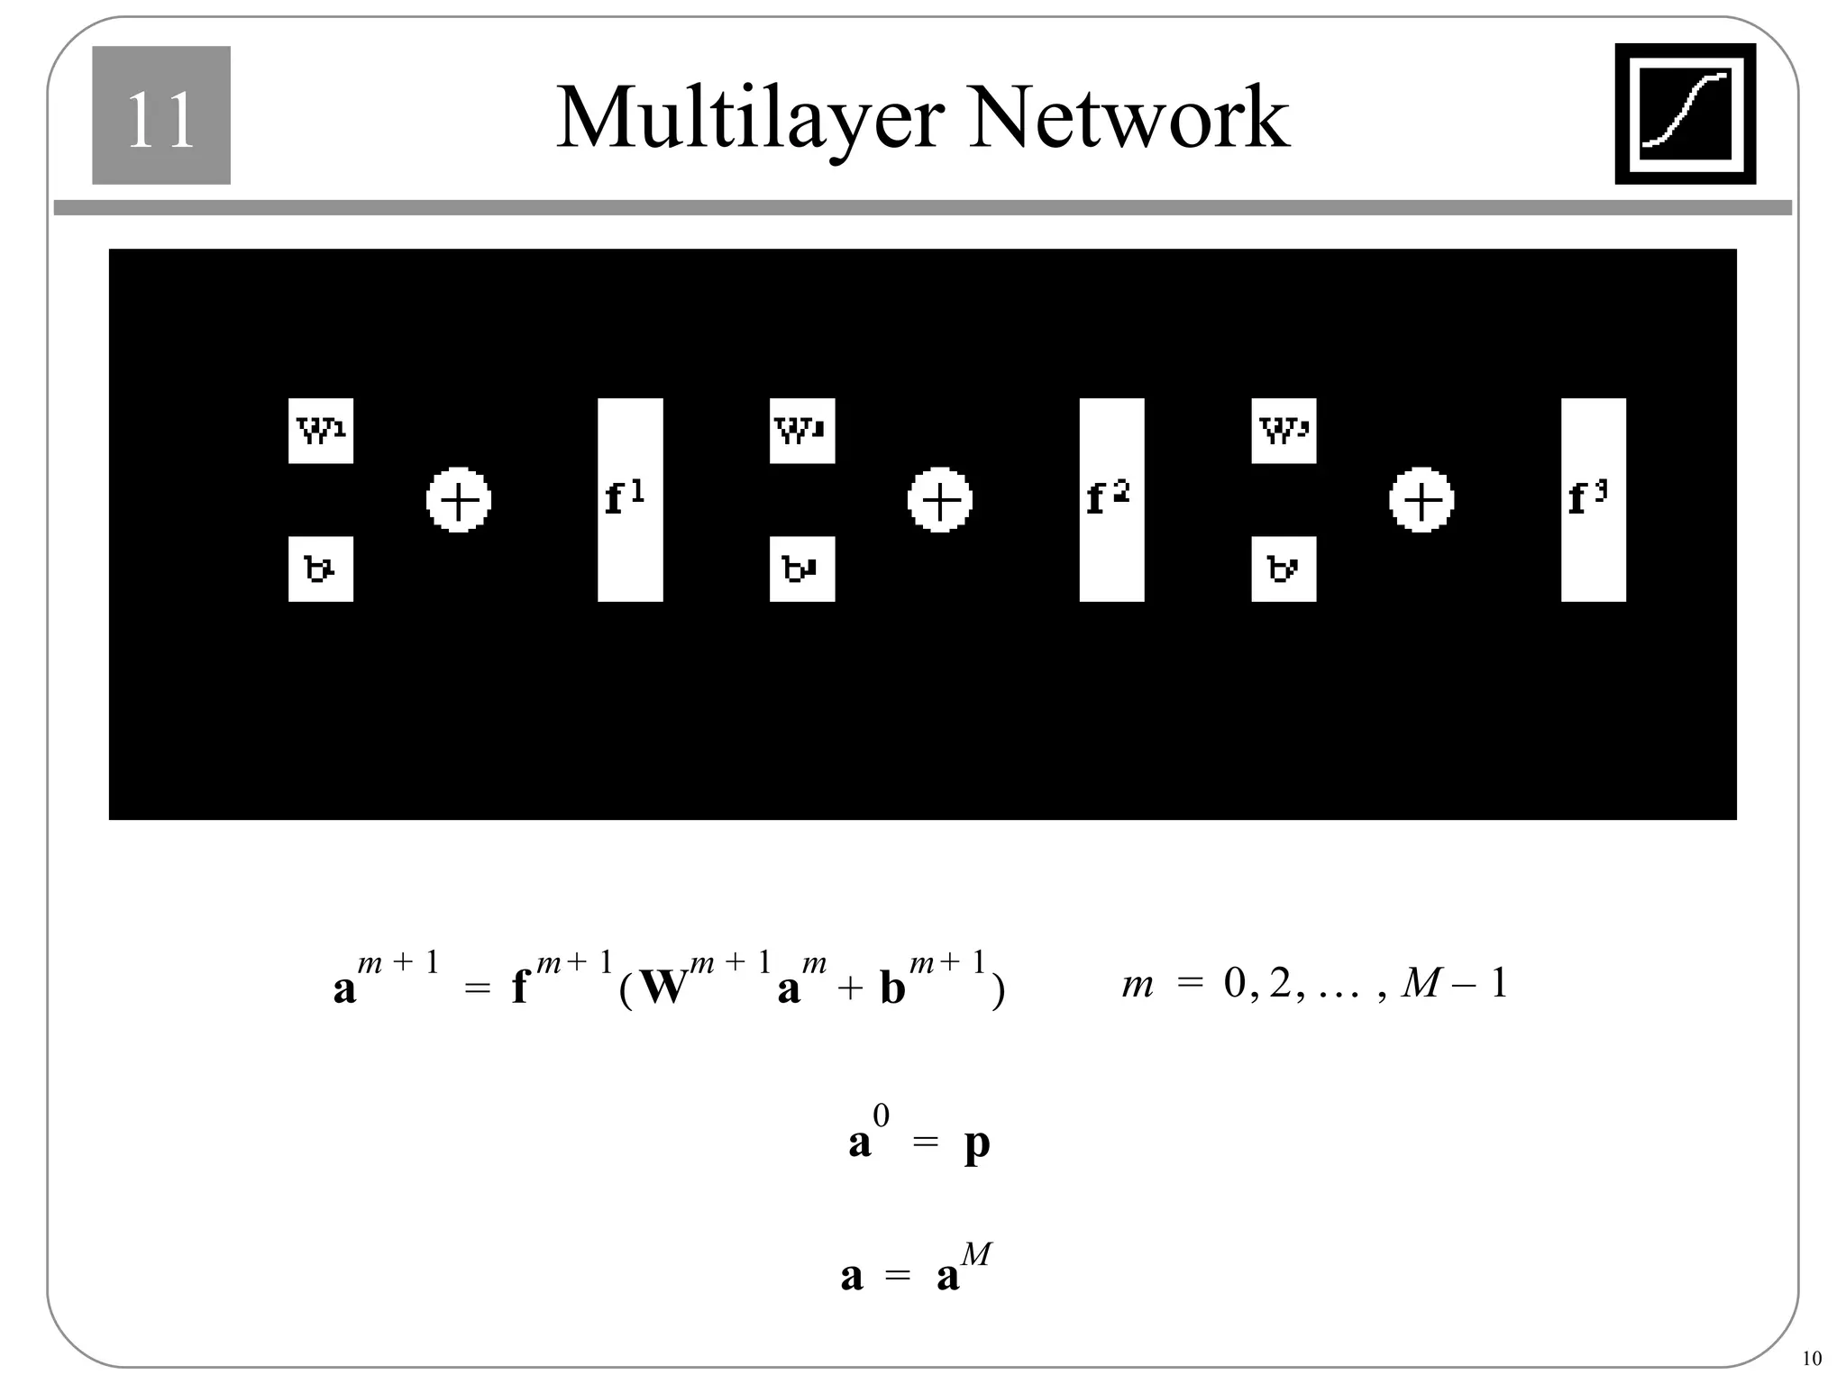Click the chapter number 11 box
[160, 115]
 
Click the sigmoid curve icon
[1685, 114]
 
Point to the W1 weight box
[320, 431]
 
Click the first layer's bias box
[320, 569]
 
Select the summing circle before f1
[458, 500]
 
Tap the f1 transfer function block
[630, 499]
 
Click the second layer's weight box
[801, 431]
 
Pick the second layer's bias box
[801, 569]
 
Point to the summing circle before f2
[939, 500]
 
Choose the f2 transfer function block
[1111, 499]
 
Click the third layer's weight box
[1284, 431]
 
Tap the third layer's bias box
[1284, 569]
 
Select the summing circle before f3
[1421, 500]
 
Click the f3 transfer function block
[1594, 499]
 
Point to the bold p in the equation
[977, 1145]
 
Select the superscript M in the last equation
[976, 1253]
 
